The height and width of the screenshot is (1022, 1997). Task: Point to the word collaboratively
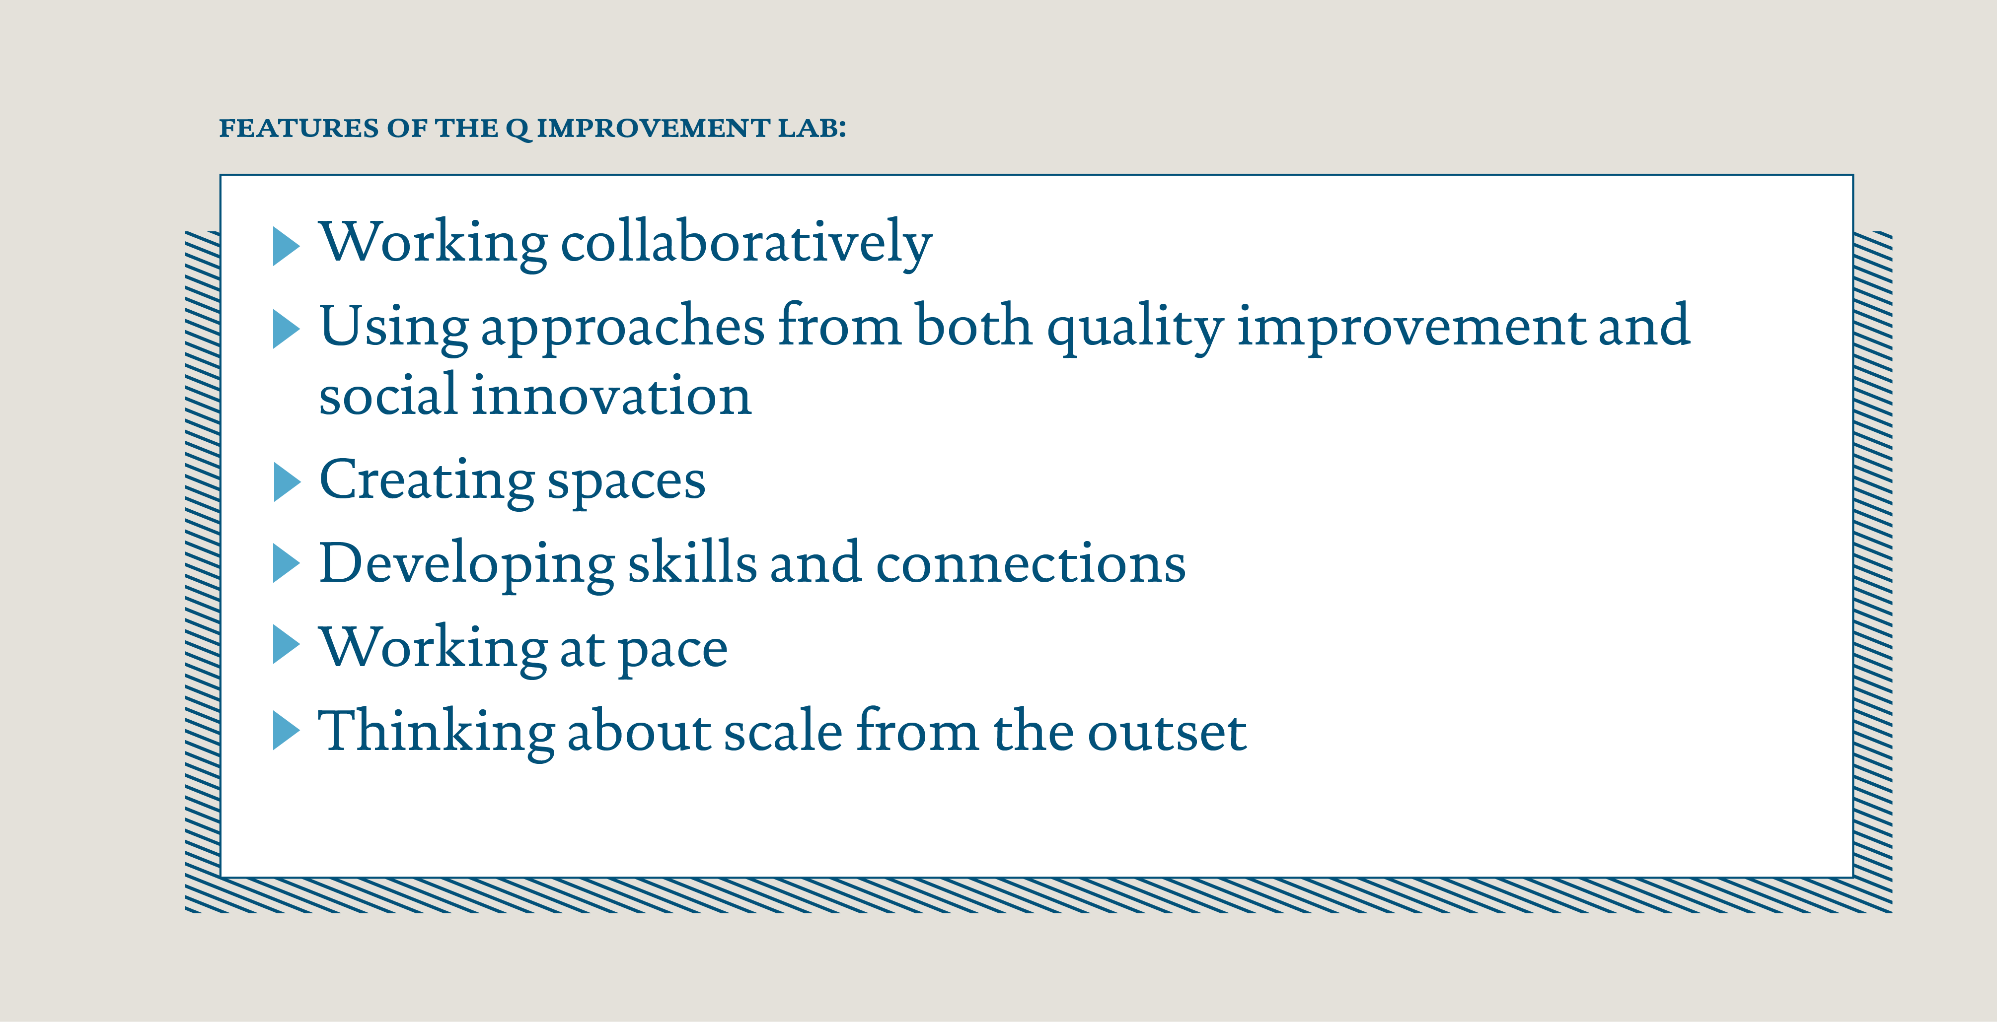746,243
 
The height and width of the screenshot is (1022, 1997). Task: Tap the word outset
1167,732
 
